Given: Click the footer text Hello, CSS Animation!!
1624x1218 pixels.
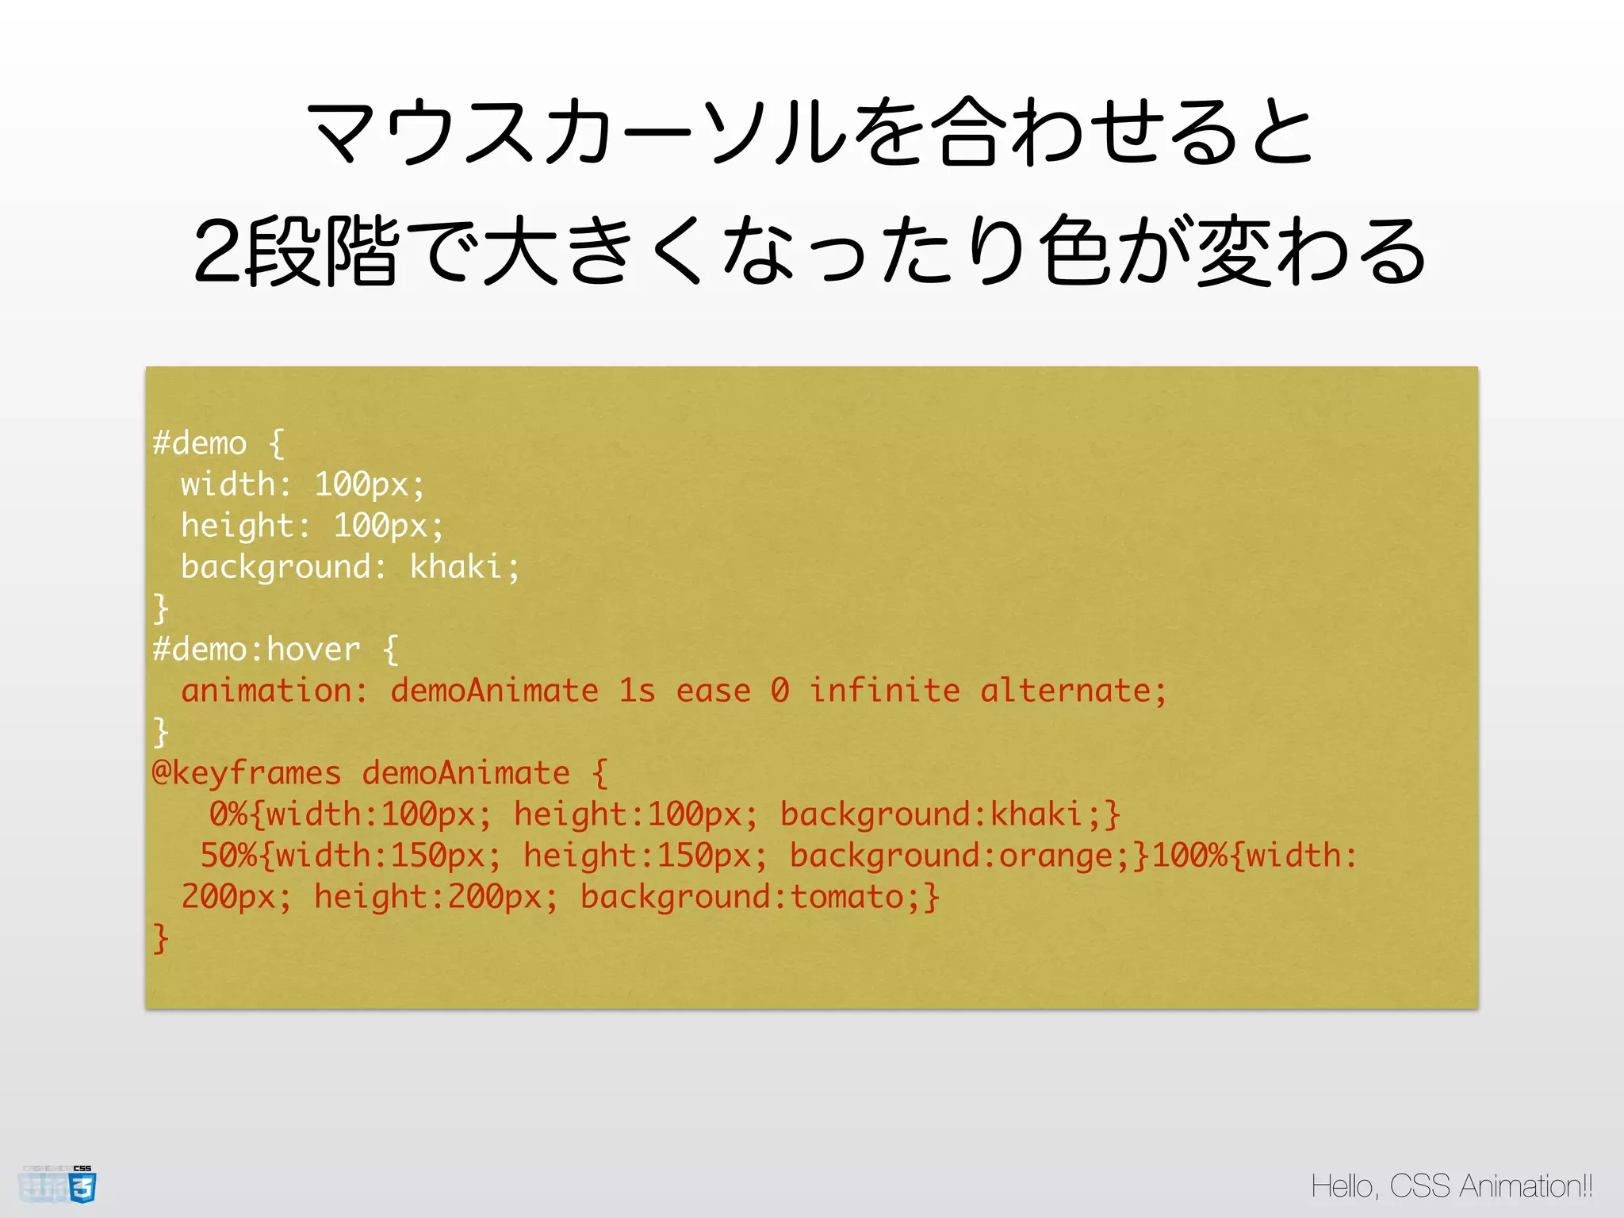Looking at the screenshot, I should (1451, 1186).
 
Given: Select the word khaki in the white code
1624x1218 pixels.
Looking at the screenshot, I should (455, 567).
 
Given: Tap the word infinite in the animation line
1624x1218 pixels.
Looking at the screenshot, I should (884, 691).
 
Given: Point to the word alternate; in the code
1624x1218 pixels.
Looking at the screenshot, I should (1073, 691).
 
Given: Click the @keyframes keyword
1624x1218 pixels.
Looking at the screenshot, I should (247, 773).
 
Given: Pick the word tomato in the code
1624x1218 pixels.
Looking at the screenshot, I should (847, 897).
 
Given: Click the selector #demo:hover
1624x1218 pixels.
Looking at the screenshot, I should (256, 649).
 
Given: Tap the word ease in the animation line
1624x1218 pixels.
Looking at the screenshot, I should (713, 691).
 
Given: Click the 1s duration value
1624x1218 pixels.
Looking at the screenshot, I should (637, 691).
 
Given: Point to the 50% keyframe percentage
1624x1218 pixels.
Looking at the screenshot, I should (228, 856).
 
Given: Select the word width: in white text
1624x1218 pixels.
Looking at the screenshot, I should (236, 485).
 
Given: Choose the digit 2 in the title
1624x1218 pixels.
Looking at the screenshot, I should (217, 252).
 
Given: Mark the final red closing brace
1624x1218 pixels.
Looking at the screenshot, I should (161, 938).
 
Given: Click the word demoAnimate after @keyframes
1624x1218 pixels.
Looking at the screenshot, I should (465, 773).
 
